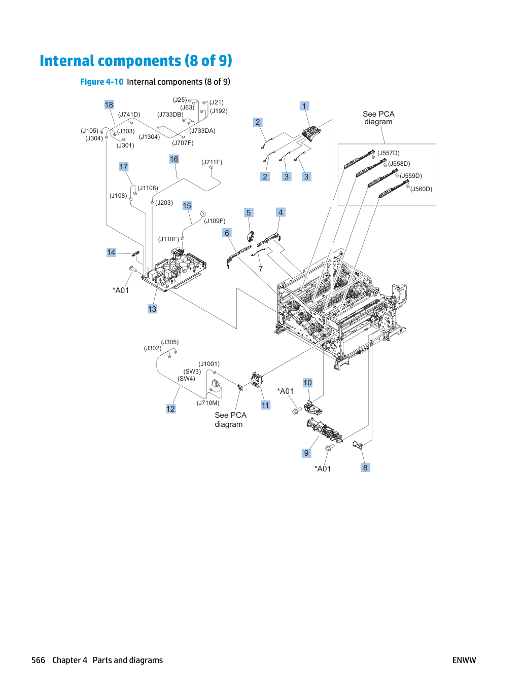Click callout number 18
click(109, 105)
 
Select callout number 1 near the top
click(304, 106)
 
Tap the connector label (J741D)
click(129, 115)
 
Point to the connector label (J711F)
click(212, 162)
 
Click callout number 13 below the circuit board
click(152, 309)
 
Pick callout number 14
click(111, 252)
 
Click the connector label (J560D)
click(422, 189)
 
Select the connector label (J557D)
click(389, 153)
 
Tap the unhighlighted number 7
click(261, 269)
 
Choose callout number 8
click(365, 468)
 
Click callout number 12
click(170, 409)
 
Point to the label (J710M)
click(208, 403)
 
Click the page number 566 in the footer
click(38, 660)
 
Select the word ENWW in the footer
click(464, 660)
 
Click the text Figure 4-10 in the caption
click(101, 82)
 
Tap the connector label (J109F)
click(215, 221)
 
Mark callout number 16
click(174, 159)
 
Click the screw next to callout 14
click(133, 269)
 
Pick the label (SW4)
click(187, 379)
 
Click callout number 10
click(307, 383)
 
